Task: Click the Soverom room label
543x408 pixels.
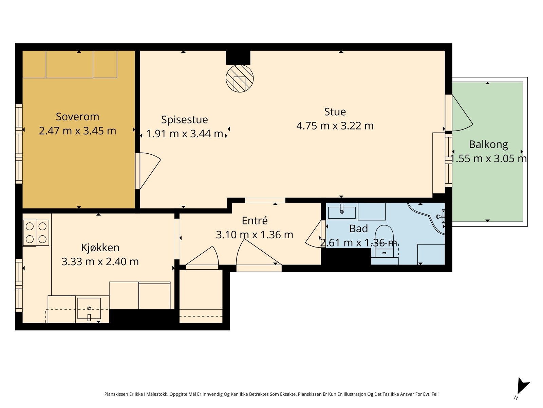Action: pos(77,117)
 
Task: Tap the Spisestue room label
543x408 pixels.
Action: pos(185,120)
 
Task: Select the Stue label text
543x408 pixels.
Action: pos(335,112)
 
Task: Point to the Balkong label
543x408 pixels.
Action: pos(488,145)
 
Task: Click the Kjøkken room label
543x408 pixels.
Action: pos(100,248)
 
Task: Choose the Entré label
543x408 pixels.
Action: pos(255,220)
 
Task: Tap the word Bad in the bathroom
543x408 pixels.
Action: pos(358,228)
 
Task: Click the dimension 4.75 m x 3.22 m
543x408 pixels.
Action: pos(335,126)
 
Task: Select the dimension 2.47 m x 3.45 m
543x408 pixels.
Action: pos(77,131)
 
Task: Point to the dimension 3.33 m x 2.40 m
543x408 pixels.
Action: pos(100,261)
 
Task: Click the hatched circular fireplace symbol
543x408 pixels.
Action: pos(240,79)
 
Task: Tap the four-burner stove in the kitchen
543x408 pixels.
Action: pos(36,233)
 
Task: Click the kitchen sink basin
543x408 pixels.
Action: pos(89,308)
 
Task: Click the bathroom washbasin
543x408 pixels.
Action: pos(342,212)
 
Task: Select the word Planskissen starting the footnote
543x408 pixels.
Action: pos(116,394)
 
